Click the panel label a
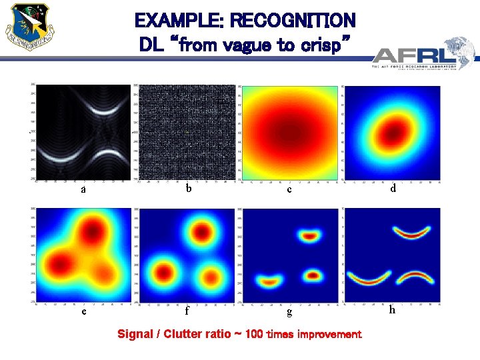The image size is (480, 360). click(83, 189)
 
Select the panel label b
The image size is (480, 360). click(189, 189)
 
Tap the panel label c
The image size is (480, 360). click(289, 189)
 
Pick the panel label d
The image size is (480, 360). click(393, 189)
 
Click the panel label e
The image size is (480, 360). click(83, 311)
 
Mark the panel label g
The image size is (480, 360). click(289, 311)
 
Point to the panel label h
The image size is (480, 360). click(392, 309)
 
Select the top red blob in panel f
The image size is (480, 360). click(201, 231)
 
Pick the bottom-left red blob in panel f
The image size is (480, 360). click(164, 272)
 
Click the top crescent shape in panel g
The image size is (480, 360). click(309, 235)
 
